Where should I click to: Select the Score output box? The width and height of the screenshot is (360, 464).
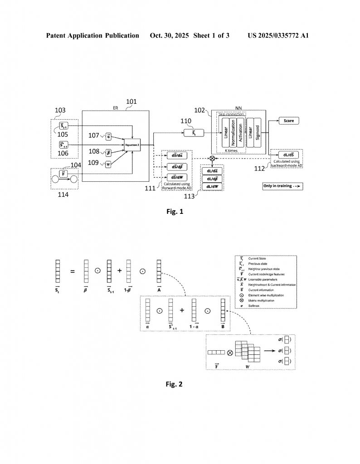coord(289,121)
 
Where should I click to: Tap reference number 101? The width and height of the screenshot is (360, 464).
coord(131,102)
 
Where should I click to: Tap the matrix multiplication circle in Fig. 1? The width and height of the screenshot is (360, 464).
coord(211,159)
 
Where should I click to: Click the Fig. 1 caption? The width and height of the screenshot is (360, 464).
coord(175,211)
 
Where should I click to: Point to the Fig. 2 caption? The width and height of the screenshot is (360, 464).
coord(174,384)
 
